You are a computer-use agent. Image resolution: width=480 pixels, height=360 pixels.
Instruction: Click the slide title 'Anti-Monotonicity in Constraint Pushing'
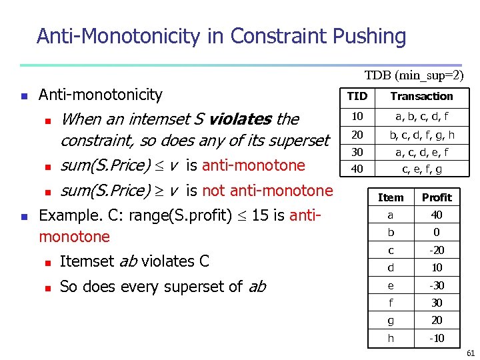[221, 36]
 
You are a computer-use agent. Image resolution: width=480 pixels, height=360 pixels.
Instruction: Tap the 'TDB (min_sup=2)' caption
[413, 76]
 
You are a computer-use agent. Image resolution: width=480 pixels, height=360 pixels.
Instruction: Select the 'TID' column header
[357, 96]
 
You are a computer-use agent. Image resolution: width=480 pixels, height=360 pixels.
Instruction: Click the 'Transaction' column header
[421, 96]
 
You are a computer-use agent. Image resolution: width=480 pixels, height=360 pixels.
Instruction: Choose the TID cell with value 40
[357, 169]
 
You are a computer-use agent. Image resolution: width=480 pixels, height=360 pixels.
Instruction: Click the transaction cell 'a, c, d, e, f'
[421, 152]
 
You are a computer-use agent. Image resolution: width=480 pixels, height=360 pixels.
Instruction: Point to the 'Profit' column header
[437, 197]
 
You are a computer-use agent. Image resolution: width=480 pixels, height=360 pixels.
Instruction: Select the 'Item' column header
[391, 197]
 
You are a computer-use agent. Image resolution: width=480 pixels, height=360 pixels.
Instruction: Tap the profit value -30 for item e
[437, 285]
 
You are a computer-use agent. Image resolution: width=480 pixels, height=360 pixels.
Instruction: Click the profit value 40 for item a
[437, 215]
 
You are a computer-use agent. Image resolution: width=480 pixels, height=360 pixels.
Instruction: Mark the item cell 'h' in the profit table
[391, 338]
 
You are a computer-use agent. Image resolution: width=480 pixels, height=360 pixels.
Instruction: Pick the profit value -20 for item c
[437, 250]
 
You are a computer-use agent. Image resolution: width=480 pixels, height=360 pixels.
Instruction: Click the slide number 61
[471, 353]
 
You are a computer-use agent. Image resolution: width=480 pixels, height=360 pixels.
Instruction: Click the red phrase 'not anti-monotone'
[267, 191]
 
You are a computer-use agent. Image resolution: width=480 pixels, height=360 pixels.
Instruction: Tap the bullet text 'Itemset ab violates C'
[134, 261]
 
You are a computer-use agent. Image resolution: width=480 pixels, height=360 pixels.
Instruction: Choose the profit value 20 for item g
[437, 321]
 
